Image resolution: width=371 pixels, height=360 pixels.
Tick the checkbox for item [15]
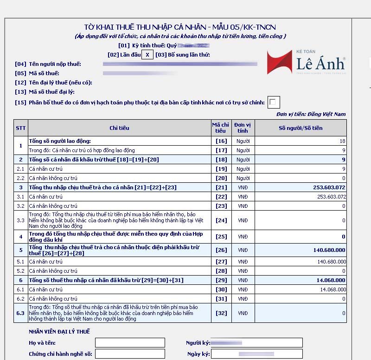[274, 102]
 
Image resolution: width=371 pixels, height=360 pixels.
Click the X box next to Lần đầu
[147, 55]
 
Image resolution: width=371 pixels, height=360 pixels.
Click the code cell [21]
[221, 187]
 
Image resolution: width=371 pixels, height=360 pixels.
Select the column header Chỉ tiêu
[119, 128]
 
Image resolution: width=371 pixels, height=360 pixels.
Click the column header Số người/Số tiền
[301, 128]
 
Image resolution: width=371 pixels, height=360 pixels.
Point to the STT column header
[21, 128]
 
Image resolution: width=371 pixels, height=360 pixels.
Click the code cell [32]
[221, 313]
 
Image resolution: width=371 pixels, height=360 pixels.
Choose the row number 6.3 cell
[21, 313]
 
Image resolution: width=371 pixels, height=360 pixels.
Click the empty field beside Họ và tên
[130, 343]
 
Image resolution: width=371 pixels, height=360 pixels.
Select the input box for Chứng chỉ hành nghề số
[130, 354]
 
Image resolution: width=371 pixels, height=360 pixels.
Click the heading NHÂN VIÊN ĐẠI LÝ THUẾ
[59, 332]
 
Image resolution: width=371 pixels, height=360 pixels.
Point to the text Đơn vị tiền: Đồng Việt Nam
[311, 114]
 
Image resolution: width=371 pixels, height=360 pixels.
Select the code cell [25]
[221, 237]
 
